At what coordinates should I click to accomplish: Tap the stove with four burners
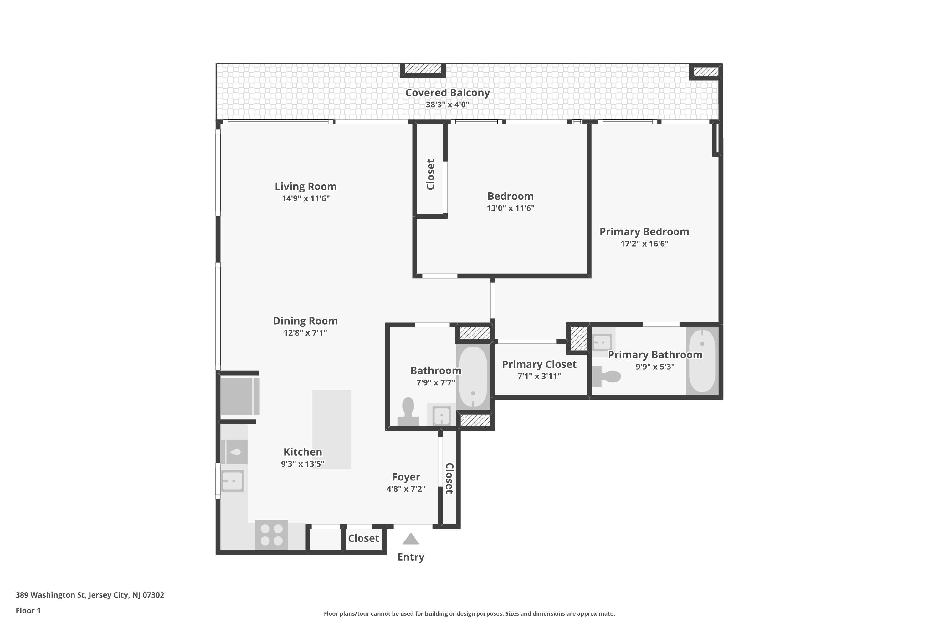coord(271,535)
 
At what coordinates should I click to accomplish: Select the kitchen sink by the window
coord(232,481)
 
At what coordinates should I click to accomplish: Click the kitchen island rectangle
coord(331,429)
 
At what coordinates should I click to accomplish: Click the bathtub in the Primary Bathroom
coord(702,361)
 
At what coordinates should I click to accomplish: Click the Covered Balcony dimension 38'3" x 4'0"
coord(447,105)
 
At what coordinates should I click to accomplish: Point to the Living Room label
coord(305,187)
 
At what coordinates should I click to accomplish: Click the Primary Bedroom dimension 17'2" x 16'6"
coord(644,244)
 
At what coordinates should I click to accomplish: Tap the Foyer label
coord(406,477)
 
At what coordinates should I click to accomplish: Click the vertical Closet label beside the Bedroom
coord(430,174)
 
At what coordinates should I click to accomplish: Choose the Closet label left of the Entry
coord(363,538)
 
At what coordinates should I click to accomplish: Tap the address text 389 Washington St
coord(90,595)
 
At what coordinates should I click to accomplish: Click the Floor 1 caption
coord(28,610)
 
